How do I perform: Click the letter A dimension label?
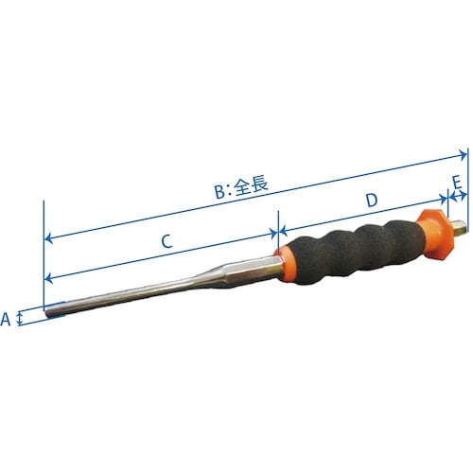tap(6, 320)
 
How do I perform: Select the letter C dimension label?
tap(165, 242)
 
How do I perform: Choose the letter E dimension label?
tap(457, 180)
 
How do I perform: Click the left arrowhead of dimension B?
tap(48, 236)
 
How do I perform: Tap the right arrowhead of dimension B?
tap(464, 153)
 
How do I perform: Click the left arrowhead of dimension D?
tap(283, 231)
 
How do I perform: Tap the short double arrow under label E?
tap(457, 196)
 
